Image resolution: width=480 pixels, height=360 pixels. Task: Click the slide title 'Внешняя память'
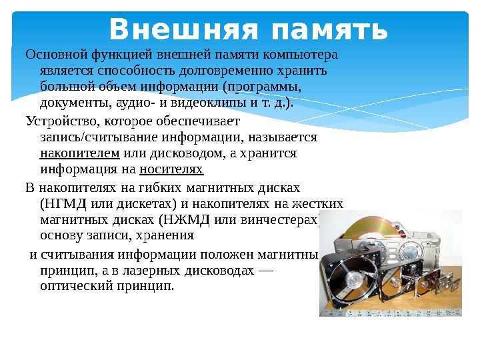click(248, 29)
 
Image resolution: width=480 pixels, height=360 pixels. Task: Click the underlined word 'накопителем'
click(79, 153)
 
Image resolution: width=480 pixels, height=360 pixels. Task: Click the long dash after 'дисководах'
click(265, 270)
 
